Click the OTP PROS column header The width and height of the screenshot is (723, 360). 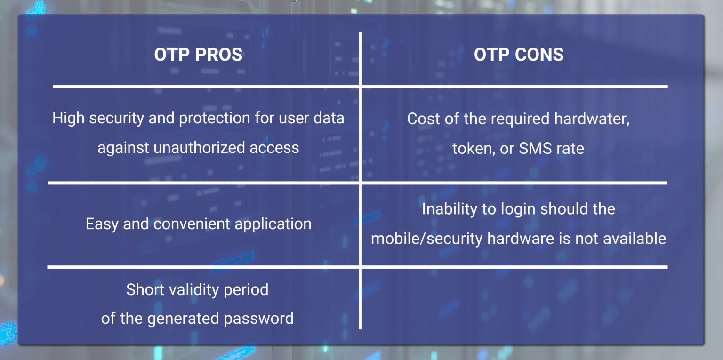[x=198, y=55]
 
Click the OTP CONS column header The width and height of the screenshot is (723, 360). [x=519, y=55]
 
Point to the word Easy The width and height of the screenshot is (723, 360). [x=102, y=224]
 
